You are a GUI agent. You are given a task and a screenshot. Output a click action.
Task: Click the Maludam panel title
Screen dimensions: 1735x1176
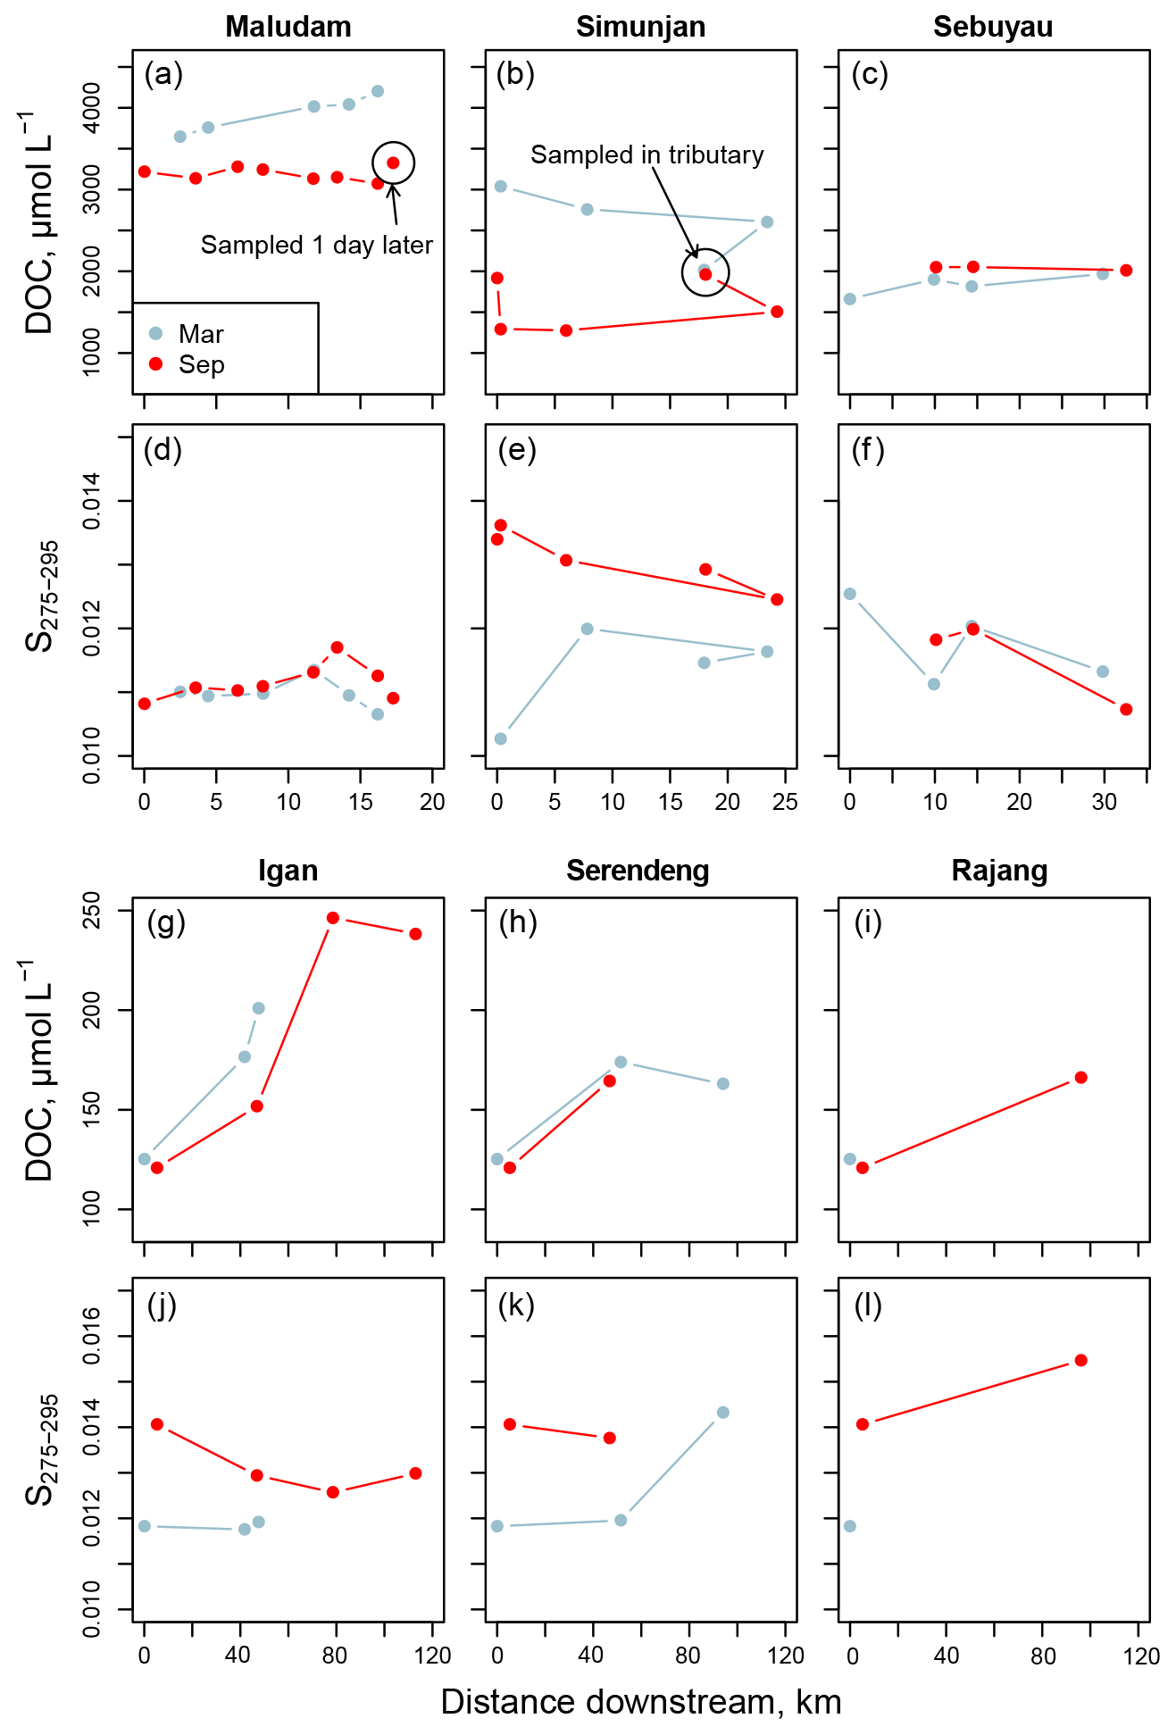tap(288, 27)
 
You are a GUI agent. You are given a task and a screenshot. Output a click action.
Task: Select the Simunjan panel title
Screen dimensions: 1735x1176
tap(640, 27)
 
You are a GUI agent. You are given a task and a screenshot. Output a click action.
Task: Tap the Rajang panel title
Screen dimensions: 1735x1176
tap(999, 871)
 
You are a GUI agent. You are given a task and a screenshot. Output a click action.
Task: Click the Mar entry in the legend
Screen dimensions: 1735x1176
tap(201, 334)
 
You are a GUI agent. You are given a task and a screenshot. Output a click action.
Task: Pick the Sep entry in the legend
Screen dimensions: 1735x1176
tap(201, 364)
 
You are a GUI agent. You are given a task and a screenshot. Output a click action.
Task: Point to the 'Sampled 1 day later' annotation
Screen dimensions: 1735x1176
tap(316, 245)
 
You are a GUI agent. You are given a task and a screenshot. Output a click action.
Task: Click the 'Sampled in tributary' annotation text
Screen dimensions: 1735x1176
tap(646, 154)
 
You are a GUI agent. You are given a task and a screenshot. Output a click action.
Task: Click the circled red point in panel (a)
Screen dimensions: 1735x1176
tap(393, 163)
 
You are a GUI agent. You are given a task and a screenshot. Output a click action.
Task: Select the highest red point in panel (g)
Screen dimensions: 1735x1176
tap(333, 918)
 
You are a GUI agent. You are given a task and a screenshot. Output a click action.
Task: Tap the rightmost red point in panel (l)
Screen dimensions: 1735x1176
tap(1080, 1360)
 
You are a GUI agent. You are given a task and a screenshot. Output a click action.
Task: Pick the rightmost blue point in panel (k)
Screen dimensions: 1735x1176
tap(723, 1412)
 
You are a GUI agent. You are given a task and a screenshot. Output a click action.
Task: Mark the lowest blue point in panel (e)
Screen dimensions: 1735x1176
tap(501, 738)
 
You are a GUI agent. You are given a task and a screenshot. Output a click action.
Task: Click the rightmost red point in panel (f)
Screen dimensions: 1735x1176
tap(1126, 709)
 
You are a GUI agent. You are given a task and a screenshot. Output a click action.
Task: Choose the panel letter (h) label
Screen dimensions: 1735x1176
tap(518, 922)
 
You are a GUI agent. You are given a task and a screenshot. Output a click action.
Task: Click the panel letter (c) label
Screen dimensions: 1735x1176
tap(870, 74)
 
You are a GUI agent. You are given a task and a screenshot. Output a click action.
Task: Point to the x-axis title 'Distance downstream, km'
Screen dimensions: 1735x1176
tap(640, 1702)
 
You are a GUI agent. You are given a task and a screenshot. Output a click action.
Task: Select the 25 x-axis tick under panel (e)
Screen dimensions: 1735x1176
tap(785, 802)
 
